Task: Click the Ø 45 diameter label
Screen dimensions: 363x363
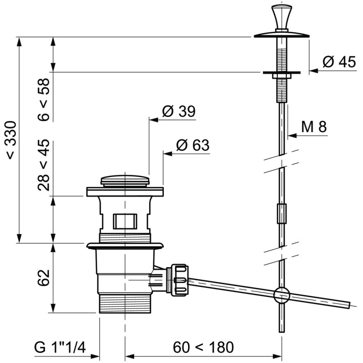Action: click(x=339, y=62)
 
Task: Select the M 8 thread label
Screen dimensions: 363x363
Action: click(x=314, y=127)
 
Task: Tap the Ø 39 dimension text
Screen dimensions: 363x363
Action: click(x=178, y=111)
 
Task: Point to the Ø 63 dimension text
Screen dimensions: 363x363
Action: click(x=193, y=145)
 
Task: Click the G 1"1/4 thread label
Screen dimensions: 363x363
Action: click(x=60, y=347)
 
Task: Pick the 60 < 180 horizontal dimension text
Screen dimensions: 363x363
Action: click(x=203, y=347)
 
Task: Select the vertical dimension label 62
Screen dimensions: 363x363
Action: click(x=43, y=278)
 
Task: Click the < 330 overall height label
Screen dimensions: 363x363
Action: click(x=11, y=140)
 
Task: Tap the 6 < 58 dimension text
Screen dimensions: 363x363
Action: click(x=43, y=99)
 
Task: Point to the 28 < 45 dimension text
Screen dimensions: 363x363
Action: click(x=43, y=165)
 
